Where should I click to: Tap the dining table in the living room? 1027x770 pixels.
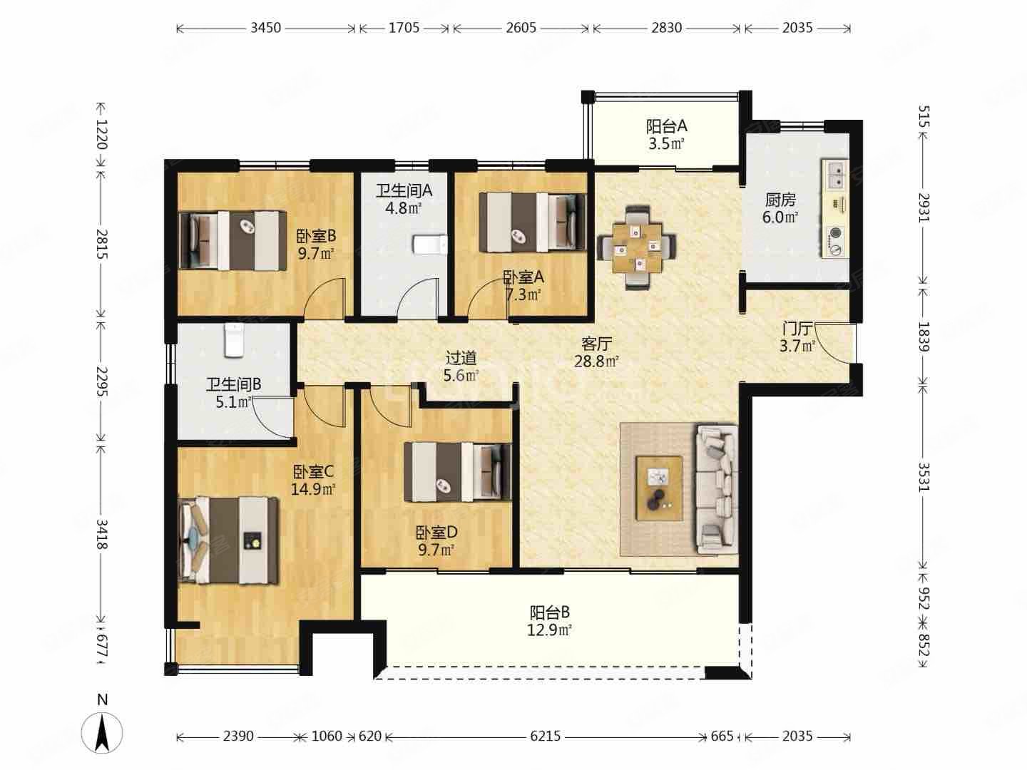point(637,246)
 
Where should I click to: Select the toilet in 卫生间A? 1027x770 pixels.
point(429,244)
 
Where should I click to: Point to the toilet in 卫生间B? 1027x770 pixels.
point(233,340)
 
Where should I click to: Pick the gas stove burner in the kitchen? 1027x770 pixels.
point(835,242)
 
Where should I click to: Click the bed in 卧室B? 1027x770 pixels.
point(233,240)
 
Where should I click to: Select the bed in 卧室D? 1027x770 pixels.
point(458,472)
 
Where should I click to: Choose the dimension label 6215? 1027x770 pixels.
point(545,736)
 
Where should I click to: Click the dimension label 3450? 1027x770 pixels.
point(266,28)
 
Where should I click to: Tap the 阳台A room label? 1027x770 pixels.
point(667,126)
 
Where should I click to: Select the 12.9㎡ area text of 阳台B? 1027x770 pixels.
point(550,630)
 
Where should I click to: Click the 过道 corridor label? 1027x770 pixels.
point(461,358)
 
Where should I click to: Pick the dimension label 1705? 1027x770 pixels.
point(404,28)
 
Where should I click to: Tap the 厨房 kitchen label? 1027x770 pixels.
point(780,200)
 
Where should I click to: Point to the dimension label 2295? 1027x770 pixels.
point(102,381)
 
